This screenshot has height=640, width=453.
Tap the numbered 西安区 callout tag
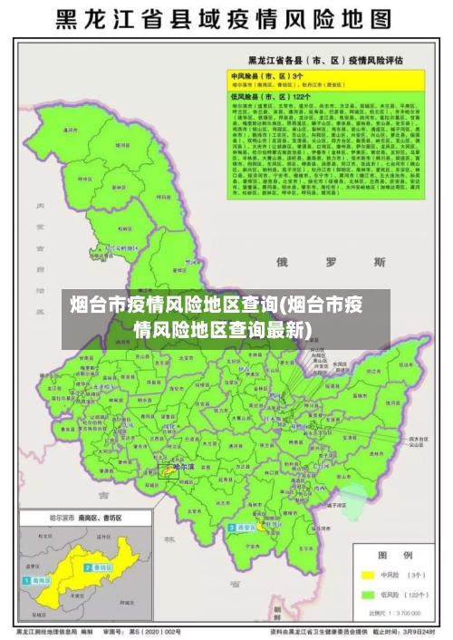coord(243,527)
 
